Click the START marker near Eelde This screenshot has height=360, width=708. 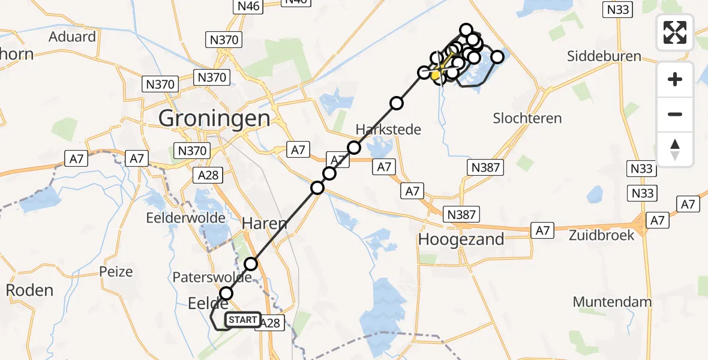pyautogui.click(x=243, y=320)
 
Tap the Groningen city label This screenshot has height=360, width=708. pyautogui.click(x=214, y=118)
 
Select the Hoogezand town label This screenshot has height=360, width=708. pyautogui.click(x=461, y=239)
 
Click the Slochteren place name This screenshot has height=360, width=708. pyautogui.click(x=527, y=118)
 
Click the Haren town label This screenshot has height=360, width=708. pyautogui.click(x=265, y=224)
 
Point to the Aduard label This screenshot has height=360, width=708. pyautogui.click(x=73, y=37)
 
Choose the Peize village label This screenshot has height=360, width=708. pyautogui.click(x=116, y=272)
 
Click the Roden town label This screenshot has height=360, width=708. pyautogui.click(x=29, y=290)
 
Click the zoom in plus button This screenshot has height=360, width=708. pyautogui.click(x=675, y=79)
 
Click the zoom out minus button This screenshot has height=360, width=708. pyautogui.click(x=675, y=114)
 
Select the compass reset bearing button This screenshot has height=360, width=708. pyautogui.click(x=675, y=149)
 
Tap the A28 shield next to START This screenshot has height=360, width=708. pyautogui.click(x=271, y=323)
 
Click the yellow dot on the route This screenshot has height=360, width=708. pyautogui.click(x=436, y=76)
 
